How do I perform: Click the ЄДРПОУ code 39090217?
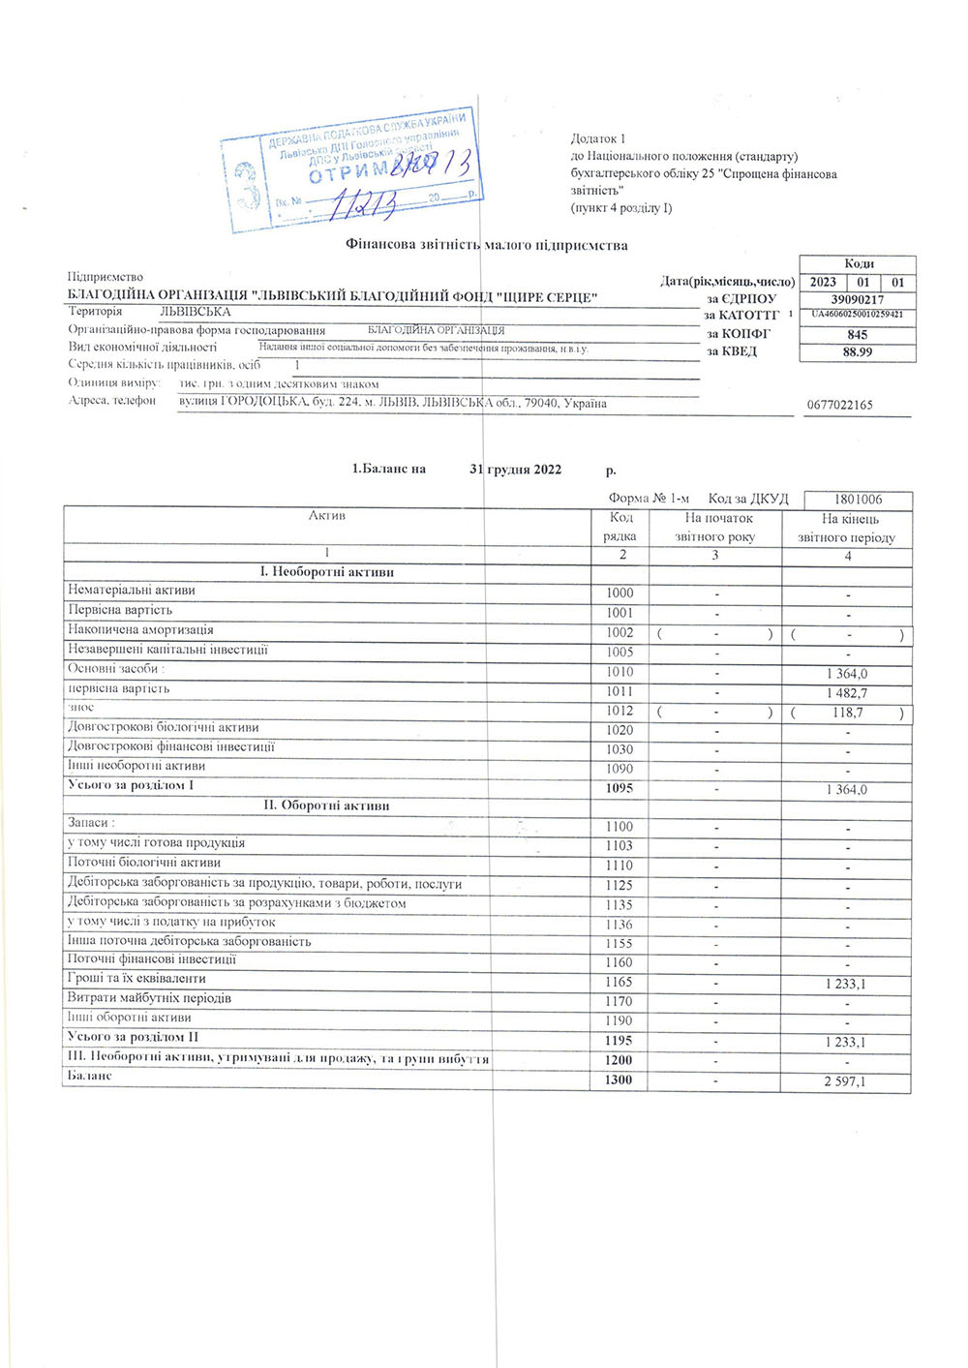(x=857, y=299)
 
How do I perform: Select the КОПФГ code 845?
(x=857, y=334)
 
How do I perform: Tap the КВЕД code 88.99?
(x=857, y=352)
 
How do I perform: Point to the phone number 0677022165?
(x=839, y=405)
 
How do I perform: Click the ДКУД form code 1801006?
(x=858, y=500)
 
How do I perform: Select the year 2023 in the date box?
(x=823, y=282)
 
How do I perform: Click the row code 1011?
(x=620, y=691)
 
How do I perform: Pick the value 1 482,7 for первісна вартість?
(x=847, y=693)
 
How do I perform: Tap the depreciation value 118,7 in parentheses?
(x=847, y=713)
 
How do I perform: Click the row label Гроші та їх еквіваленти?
(x=136, y=979)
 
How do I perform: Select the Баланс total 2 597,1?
(x=845, y=1081)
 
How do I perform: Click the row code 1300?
(x=619, y=1079)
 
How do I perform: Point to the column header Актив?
(x=327, y=516)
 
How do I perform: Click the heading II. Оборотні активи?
(x=327, y=806)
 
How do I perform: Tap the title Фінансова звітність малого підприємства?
(x=487, y=246)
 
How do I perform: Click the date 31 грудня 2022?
(x=515, y=470)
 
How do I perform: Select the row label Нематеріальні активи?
(x=132, y=590)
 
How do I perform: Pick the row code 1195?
(x=619, y=1041)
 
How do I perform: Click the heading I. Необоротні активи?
(x=327, y=572)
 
